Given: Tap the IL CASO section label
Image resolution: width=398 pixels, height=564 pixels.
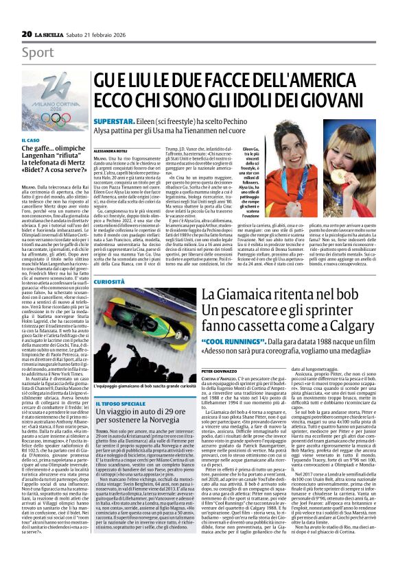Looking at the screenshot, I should pyautogui.click(x=31, y=140).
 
